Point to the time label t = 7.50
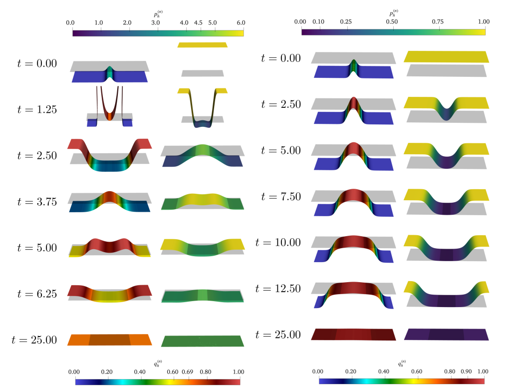[281, 196]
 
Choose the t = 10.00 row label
[278, 242]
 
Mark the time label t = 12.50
[278, 288]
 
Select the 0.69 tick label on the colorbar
[188, 372]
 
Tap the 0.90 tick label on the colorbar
[466, 372]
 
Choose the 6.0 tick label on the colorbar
[241, 22]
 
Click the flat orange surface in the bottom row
[110, 340]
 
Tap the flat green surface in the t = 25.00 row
[203, 341]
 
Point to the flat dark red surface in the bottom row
[353, 334]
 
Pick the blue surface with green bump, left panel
[109, 75]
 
